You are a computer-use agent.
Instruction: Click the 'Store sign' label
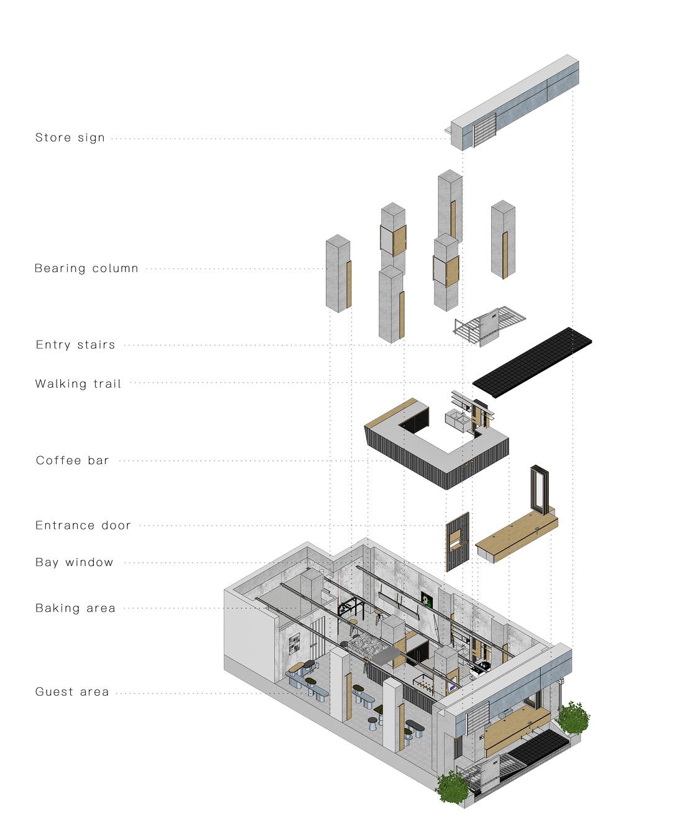click(x=70, y=138)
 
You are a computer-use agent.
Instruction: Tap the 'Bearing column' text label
click(x=86, y=268)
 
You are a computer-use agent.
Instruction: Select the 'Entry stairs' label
click(x=75, y=345)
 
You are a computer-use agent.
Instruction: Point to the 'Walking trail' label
click(x=78, y=384)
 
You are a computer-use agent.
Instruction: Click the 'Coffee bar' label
click(x=72, y=460)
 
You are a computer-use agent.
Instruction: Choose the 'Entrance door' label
click(x=83, y=526)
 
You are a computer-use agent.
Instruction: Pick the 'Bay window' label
click(x=74, y=562)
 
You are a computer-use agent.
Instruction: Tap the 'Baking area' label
click(x=75, y=608)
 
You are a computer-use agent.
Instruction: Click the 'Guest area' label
click(x=72, y=692)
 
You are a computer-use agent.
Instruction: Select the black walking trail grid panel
click(x=532, y=362)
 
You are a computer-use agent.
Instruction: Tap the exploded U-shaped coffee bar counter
click(x=436, y=444)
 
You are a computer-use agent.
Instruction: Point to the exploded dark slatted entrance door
click(x=458, y=541)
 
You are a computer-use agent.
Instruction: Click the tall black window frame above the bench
click(x=540, y=490)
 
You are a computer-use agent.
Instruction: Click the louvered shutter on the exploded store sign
click(x=484, y=129)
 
